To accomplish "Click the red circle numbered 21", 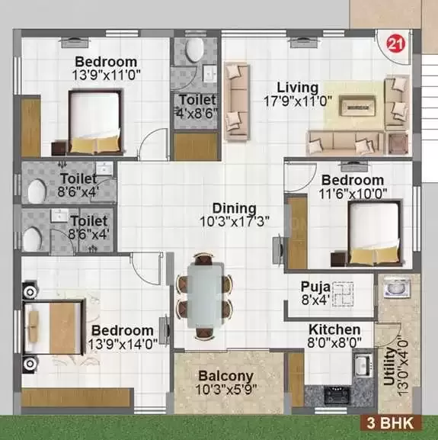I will point(397,43).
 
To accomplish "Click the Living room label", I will point(298,88).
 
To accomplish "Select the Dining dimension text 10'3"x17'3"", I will point(229,221).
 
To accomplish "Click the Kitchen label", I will point(334,329).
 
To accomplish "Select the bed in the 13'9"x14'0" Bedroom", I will point(54,323).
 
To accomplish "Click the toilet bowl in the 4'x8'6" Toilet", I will point(194,50).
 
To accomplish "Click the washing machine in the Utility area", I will point(395,289).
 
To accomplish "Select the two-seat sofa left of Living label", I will point(238,97).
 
